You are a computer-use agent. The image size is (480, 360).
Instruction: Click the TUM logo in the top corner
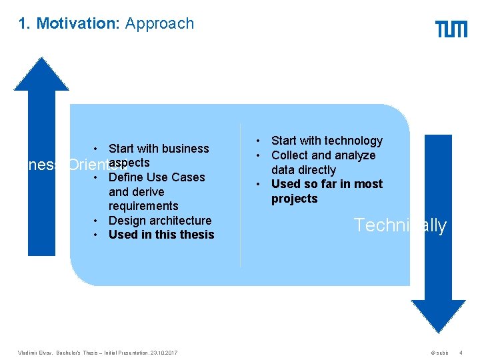tap(451, 29)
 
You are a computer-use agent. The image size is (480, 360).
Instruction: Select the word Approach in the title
tap(159, 23)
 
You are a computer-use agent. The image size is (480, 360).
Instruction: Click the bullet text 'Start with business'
tap(159, 149)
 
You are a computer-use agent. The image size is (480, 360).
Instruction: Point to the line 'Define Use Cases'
tap(157, 177)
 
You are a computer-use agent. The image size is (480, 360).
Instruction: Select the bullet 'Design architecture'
tap(160, 221)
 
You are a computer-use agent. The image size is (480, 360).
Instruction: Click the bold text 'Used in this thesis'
tap(161, 235)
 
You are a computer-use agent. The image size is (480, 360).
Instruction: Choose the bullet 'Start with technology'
tap(327, 141)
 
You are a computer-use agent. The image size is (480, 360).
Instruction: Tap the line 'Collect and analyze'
tap(323, 155)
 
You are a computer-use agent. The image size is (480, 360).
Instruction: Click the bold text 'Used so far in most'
tap(327, 184)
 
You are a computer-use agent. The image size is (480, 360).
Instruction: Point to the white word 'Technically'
tap(400, 225)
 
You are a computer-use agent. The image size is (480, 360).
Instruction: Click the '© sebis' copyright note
tap(440, 352)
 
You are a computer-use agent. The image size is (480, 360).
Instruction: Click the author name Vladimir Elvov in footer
tap(33, 352)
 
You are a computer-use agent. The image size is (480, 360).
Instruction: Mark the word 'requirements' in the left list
tap(143, 206)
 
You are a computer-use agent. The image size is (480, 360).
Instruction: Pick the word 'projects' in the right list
tap(295, 199)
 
